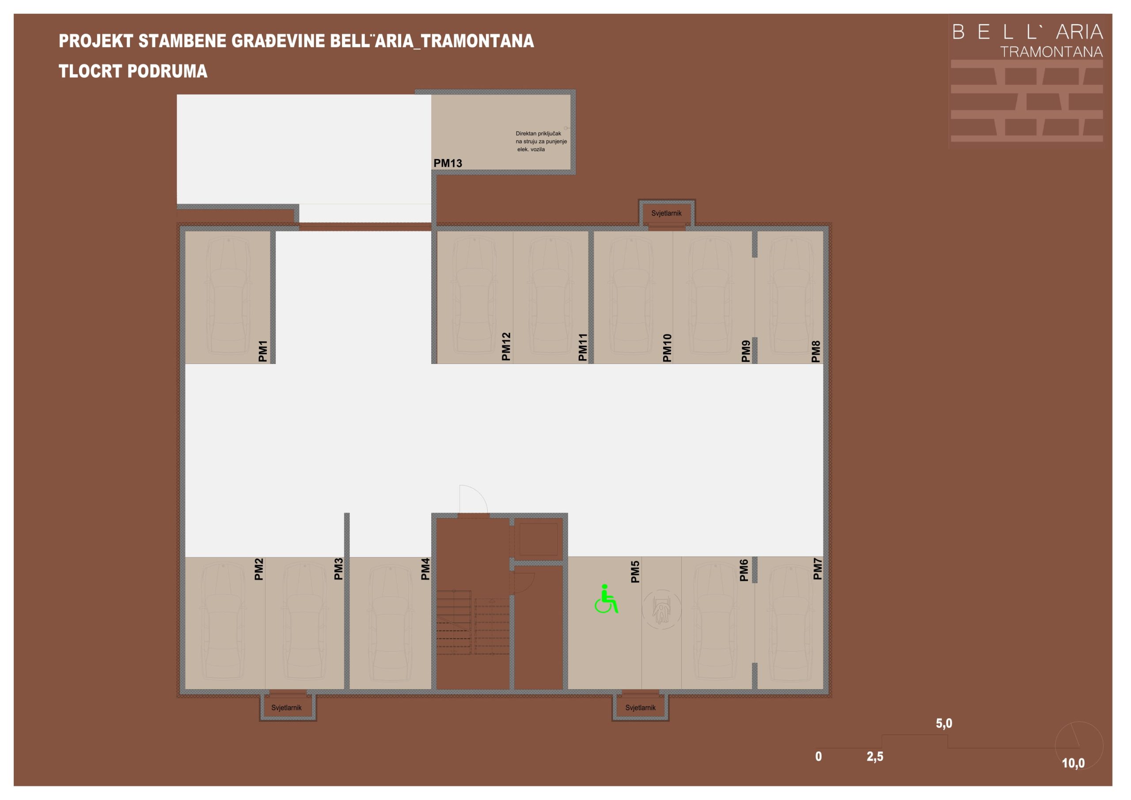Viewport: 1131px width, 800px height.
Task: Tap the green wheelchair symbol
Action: [x=607, y=599]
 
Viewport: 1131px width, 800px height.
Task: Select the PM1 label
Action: [x=262, y=351]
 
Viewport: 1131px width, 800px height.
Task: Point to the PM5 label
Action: [x=635, y=572]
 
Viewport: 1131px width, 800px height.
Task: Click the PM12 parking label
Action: [x=506, y=346]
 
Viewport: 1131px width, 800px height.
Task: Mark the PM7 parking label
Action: [x=818, y=569]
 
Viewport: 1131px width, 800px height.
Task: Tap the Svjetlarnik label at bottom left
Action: [x=286, y=707]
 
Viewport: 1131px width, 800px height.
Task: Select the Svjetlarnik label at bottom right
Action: [x=640, y=707]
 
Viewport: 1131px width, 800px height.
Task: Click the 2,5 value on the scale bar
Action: [x=875, y=756]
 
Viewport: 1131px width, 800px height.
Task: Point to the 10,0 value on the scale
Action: [x=1073, y=763]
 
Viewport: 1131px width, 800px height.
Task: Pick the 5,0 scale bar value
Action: [x=944, y=723]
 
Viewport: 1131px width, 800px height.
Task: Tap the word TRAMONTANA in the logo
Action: [x=1051, y=52]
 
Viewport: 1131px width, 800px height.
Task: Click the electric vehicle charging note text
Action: [x=541, y=141]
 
